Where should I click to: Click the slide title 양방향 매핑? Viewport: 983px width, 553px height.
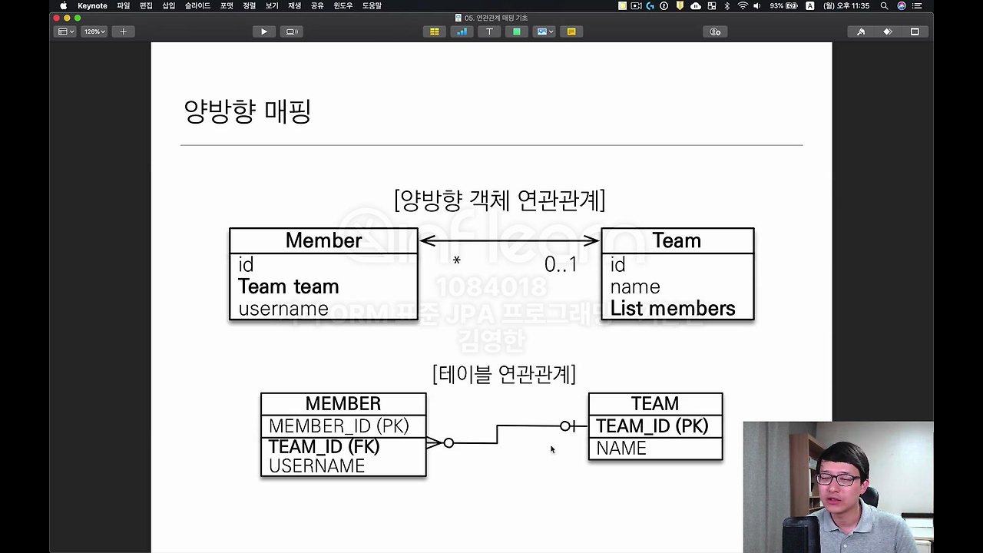click(x=247, y=111)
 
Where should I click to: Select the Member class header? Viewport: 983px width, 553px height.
click(x=323, y=240)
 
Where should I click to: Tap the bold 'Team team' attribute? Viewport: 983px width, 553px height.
click(x=288, y=286)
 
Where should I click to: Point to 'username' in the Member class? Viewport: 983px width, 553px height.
click(x=283, y=309)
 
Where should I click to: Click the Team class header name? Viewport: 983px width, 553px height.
click(x=677, y=240)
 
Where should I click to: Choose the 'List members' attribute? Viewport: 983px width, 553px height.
click(x=673, y=309)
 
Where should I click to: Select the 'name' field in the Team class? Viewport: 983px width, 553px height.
click(x=635, y=286)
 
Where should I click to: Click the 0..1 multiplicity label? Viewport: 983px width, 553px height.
click(x=561, y=264)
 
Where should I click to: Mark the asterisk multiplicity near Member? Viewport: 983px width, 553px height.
click(x=456, y=262)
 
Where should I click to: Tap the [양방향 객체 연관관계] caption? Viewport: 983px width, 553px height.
click(x=500, y=200)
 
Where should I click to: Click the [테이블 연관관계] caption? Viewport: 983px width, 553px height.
click(x=504, y=374)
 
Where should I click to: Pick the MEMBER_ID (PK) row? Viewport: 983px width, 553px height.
click(x=339, y=426)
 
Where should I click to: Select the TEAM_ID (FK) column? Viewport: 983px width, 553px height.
click(x=324, y=447)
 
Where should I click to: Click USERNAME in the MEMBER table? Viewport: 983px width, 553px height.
click(x=316, y=466)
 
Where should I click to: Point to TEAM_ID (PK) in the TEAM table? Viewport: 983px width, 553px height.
click(x=652, y=426)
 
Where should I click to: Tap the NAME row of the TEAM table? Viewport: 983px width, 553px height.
click(x=621, y=449)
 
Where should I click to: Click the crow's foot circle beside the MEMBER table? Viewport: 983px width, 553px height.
click(x=448, y=443)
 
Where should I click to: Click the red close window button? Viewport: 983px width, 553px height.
click(x=56, y=18)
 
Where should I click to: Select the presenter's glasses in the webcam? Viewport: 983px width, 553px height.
click(x=839, y=478)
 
